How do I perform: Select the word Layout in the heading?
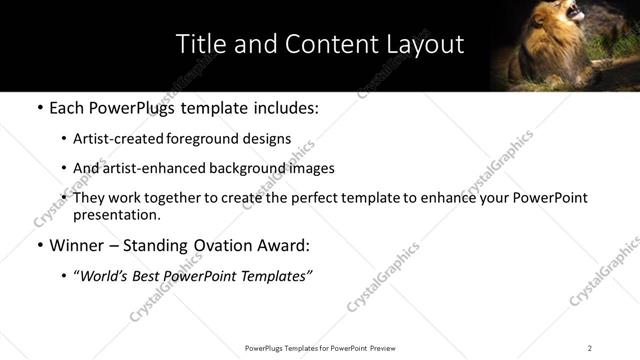420,44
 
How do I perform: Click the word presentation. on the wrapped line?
117,214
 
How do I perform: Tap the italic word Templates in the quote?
277,275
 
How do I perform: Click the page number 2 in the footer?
590,348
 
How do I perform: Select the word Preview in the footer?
389,348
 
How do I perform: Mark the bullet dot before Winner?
38,245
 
